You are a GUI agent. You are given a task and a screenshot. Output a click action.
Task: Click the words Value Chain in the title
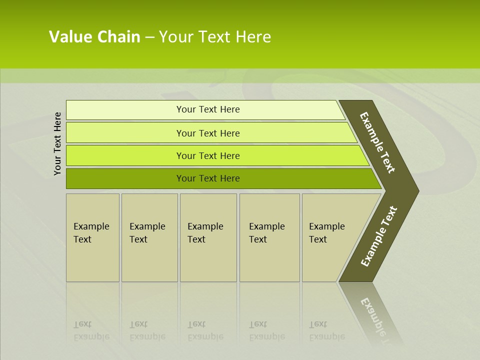(94, 37)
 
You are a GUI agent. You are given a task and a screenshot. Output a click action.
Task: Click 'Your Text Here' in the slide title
(215, 37)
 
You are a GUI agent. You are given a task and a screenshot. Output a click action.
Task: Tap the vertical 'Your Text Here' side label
(57, 143)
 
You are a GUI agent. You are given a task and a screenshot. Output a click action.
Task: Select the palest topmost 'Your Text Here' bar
(207, 109)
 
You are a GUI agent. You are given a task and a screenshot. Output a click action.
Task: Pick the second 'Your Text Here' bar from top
(207, 133)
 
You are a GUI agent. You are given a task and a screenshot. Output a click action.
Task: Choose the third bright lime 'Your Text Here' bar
(207, 155)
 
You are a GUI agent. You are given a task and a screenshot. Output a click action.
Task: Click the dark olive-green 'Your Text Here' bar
(207, 178)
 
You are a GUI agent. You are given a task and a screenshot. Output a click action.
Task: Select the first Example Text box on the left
(92, 237)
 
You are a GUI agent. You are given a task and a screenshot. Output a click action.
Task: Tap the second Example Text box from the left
(149, 237)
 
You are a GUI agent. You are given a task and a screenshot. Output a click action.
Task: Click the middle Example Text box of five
(208, 237)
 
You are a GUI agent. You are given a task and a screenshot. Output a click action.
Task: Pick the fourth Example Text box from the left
(269, 237)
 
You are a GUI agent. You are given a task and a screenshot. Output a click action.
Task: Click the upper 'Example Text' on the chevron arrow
(377, 142)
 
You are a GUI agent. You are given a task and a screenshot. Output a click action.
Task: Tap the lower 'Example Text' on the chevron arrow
(378, 236)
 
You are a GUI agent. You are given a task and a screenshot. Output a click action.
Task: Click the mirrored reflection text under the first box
(91, 330)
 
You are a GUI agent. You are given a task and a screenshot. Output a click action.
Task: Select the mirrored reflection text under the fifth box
(326, 330)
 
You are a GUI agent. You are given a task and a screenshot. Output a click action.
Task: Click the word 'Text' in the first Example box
(82, 239)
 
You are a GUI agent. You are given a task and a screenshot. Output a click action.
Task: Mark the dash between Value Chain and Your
(149, 37)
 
